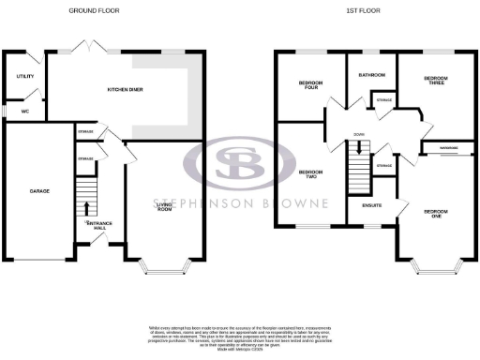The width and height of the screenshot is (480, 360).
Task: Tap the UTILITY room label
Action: coord(25,77)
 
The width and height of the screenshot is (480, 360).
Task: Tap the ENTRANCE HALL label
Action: coord(98,224)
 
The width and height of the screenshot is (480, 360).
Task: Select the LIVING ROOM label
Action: coord(165,207)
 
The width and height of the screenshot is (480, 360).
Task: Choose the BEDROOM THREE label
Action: coord(434,81)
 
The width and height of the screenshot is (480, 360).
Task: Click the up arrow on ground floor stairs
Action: coord(87,207)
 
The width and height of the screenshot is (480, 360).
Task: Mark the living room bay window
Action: coord(166,268)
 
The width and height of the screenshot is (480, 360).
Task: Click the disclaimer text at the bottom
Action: coord(240,335)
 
